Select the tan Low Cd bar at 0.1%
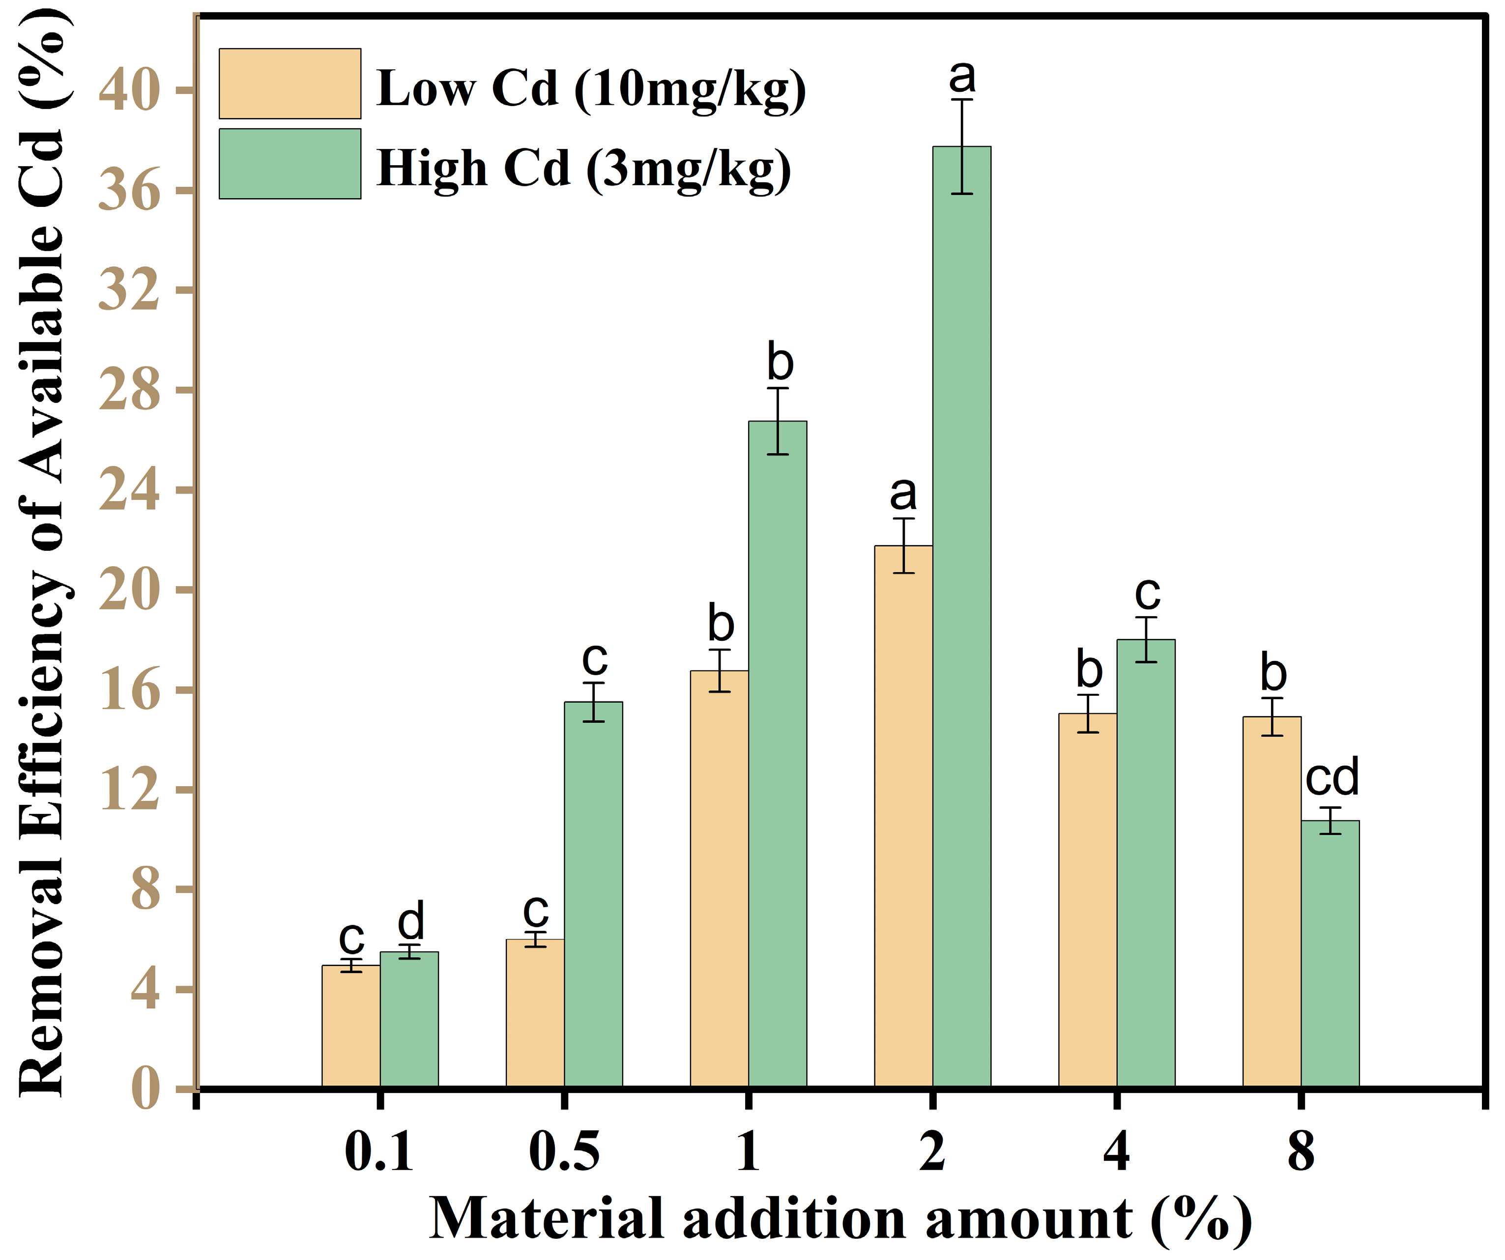pyautogui.click(x=350, y=1026)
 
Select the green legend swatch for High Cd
pyautogui.click(x=289, y=164)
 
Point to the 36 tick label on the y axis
pyautogui.click(x=129, y=191)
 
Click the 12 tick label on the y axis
pyautogui.click(x=129, y=791)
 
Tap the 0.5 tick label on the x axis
pyautogui.click(x=564, y=1152)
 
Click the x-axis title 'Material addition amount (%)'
pyautogui.click(x=840, y=1218)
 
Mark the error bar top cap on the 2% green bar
pyautogui.click(x=962, y=100)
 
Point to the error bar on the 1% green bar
pyautogui.click(x=778, y=422)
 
